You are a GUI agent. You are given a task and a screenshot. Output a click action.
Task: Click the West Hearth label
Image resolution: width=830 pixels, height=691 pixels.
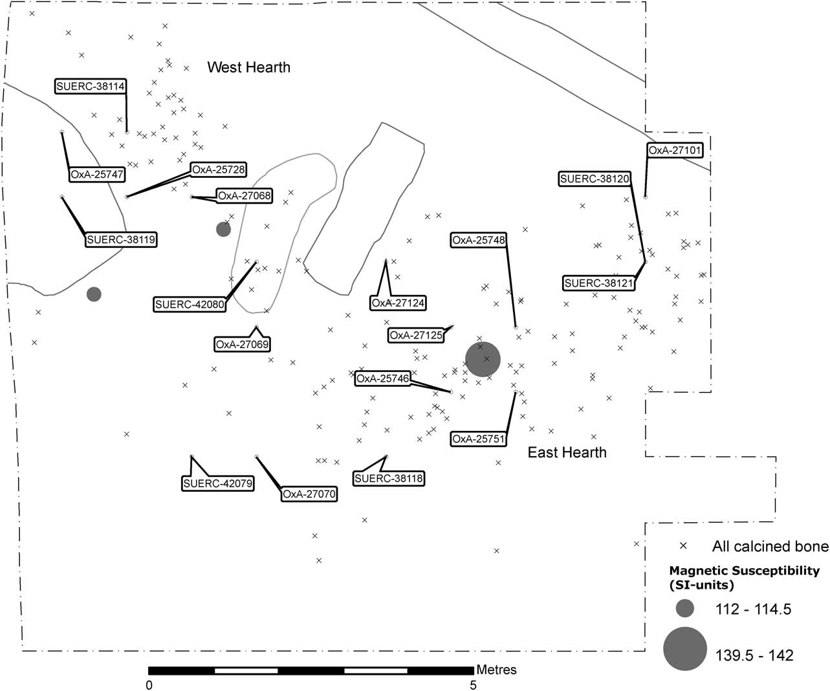point(249,67)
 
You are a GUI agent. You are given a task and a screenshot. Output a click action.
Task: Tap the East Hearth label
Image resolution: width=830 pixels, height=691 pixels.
point(567,452)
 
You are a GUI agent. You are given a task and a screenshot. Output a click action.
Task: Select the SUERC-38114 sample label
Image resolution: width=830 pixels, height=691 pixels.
point(90,86)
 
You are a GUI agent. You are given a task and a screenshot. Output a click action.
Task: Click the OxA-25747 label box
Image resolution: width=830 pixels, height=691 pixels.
point(97,175)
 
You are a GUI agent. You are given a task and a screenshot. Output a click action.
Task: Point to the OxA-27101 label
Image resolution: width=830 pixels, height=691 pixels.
point(674,150)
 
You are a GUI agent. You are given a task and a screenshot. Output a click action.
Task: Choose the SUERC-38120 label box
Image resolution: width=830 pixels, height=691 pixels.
point(595,179)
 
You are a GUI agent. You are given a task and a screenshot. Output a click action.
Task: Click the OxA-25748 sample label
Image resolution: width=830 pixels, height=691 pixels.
point(479,240)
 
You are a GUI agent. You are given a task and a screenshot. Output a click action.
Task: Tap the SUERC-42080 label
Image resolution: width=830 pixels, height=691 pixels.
point(190,305)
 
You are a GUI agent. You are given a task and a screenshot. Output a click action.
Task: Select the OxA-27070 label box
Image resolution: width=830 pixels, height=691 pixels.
point(309,494)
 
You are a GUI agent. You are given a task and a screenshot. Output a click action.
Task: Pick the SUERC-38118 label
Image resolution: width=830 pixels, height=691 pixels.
point(389,478)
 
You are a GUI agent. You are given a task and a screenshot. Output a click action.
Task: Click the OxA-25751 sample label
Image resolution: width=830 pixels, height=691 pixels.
point(479,439)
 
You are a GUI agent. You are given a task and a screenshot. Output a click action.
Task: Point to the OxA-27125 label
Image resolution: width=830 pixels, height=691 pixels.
point(416,335)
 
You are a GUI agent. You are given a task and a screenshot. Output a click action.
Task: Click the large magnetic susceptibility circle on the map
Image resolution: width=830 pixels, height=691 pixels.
point(483,359)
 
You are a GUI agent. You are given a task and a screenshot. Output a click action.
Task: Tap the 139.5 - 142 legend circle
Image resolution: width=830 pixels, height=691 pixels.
point(685,649)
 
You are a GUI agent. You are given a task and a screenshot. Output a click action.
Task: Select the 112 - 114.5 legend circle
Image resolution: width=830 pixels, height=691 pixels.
point(685,608)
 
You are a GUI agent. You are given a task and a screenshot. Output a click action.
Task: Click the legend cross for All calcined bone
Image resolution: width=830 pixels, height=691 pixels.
point(683,546)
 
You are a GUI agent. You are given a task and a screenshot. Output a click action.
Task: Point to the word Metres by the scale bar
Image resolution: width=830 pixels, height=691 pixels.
point(496,670)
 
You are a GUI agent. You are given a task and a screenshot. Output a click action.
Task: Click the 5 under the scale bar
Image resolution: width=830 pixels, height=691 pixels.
point(473,685)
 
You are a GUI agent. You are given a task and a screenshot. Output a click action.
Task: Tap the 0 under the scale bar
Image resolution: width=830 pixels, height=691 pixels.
point(149,685)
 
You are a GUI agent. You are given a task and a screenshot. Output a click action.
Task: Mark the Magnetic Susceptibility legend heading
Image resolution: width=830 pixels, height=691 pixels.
point(744,578)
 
